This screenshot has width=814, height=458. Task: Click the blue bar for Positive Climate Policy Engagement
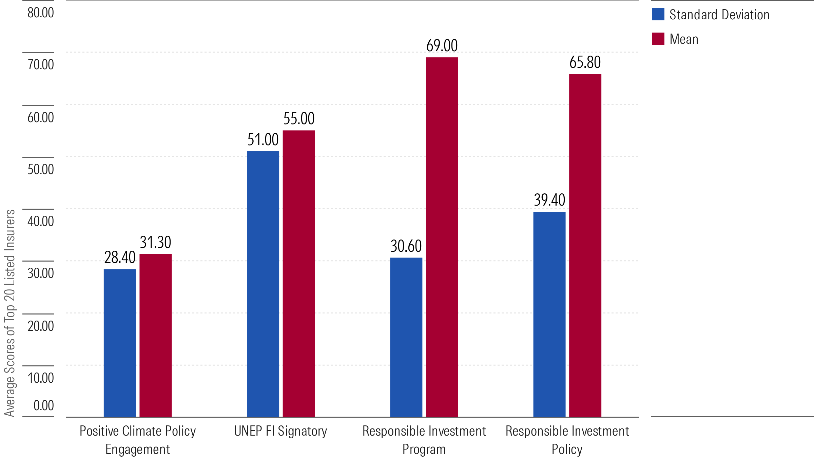click(x=120, y=343)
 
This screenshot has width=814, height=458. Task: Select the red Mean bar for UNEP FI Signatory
click(x=299, y=273)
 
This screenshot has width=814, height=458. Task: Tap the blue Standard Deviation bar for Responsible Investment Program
click(x=406, y=337)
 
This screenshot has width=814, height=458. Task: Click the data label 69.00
click(x=442, y=46)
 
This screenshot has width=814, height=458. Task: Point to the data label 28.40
click(x=120, y=257)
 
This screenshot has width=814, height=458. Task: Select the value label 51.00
click(x=263, y=140)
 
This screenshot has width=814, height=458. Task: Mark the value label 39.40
click(x=549, y=200)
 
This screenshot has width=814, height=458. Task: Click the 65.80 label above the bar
click(x=585, y=62)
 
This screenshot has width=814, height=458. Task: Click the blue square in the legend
click(x=658, y=15)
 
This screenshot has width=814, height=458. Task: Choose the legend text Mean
click(x=684, y=39)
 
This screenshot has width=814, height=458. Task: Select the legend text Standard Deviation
click(x=719, y=15)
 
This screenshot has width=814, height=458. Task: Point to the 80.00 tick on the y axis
click(x=41, y=13)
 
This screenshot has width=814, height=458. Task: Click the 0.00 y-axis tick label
click(x=43, y=405)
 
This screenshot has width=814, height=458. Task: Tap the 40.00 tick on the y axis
click(x=41, y=221)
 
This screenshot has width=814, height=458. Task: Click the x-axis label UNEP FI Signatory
click(x=280, y=431)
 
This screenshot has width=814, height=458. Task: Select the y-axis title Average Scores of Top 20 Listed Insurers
click(x=9, y=313)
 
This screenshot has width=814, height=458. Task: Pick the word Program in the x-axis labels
click(x=424, y=450)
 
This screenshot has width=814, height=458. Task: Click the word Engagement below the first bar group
click(x=137, y=450)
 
